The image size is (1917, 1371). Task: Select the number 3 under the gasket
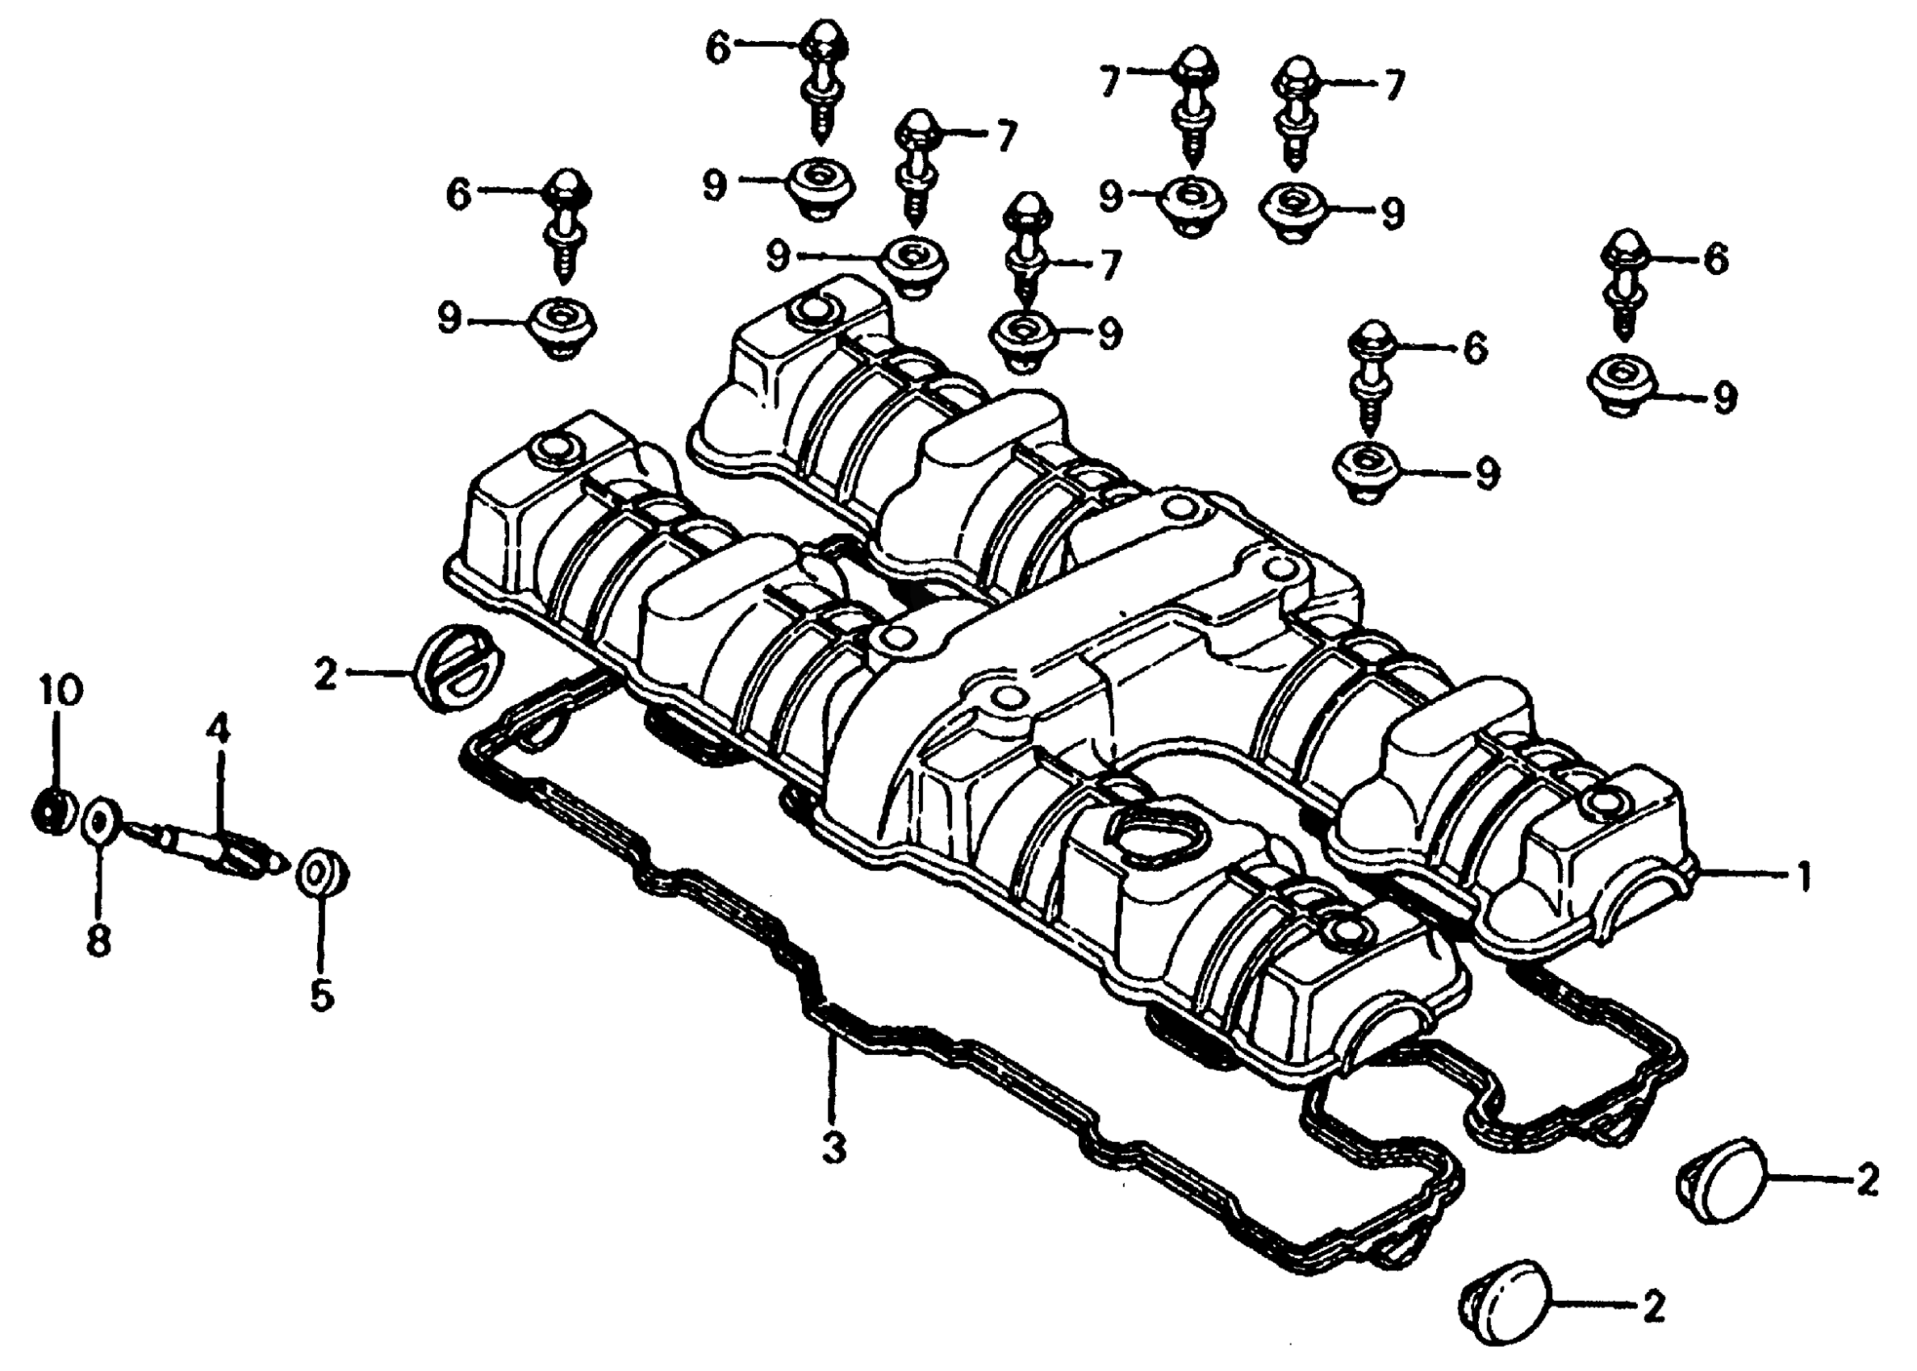pyautogui.click(x=833, y=1148)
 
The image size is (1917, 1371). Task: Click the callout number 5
pyautogui.click(x=322, y=994)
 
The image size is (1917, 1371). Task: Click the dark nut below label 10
pyautogui.click(x=52, y=811)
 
